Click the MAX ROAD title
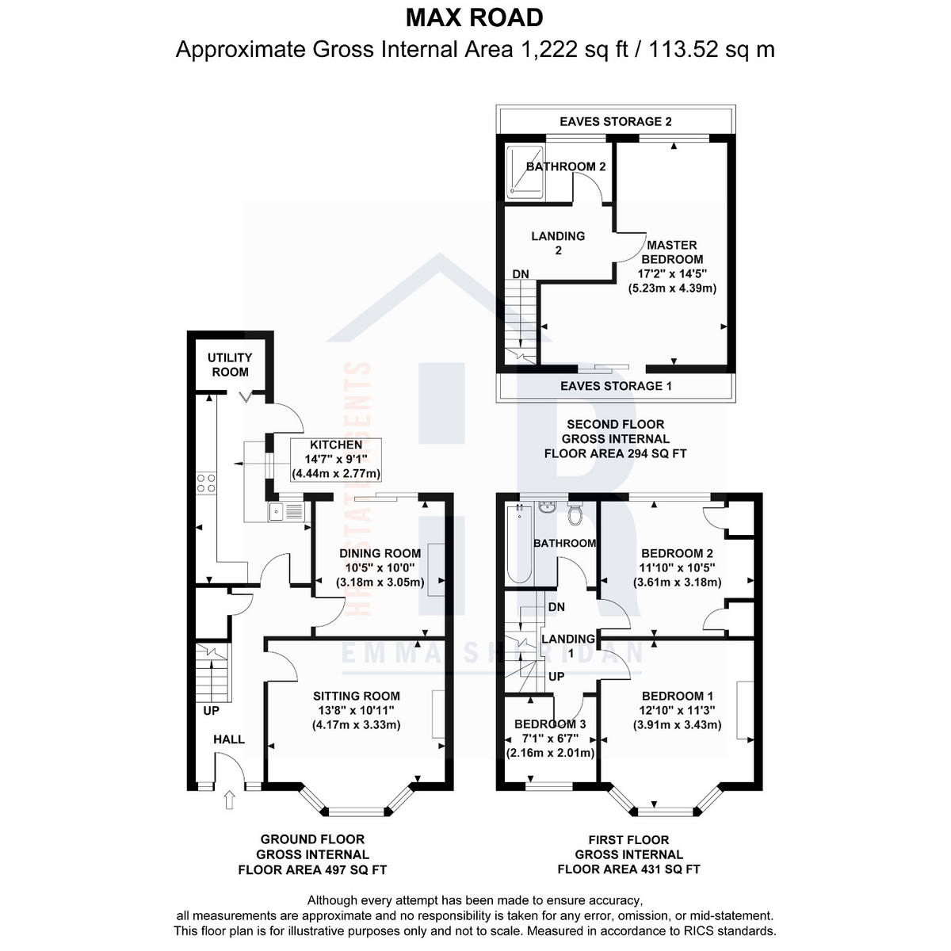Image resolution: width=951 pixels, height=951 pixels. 474,18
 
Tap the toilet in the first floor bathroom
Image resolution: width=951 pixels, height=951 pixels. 575,514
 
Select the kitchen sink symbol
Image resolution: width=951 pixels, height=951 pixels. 286,512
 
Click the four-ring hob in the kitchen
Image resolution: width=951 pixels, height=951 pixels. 206,483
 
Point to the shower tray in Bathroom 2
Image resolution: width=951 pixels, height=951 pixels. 525,172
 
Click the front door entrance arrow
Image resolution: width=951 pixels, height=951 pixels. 230,800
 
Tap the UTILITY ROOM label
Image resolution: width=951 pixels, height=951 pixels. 230,365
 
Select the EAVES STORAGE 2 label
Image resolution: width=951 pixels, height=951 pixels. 616,122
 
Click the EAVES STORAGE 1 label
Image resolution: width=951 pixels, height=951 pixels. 616,386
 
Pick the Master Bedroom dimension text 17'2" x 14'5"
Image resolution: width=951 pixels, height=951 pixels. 672,273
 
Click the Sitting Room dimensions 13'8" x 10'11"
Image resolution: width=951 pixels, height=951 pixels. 356,710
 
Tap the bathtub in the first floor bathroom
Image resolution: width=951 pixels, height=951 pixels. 519,544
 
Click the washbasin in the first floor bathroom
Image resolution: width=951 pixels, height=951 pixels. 548,507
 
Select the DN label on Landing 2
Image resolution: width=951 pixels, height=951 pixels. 521,274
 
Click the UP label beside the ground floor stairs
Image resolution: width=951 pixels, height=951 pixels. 212,711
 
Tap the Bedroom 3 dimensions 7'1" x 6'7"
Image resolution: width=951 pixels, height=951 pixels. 550,739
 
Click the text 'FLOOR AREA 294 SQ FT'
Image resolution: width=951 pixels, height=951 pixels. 615,453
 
